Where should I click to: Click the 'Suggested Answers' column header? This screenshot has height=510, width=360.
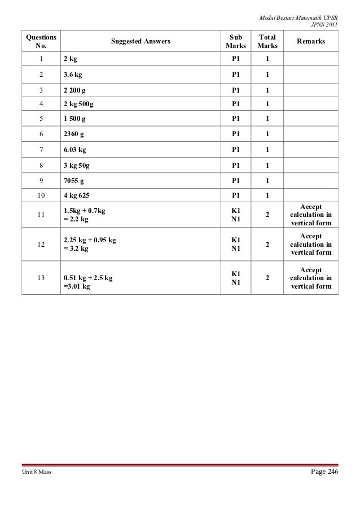coord(141,41)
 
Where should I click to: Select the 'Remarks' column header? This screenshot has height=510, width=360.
coord(310,41)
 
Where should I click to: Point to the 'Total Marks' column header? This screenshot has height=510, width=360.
coord(267,41)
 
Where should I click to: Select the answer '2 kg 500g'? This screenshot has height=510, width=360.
coord(80,104)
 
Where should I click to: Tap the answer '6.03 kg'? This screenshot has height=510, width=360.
coord(75,150)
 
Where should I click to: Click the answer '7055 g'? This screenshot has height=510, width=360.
coord(74,181)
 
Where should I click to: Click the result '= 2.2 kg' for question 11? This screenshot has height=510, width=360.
coord(76,219)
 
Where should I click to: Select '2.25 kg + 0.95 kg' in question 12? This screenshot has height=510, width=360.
coord(90,240)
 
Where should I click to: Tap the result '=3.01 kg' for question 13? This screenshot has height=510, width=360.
coord(77,286)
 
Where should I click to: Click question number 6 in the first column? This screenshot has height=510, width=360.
coord(40,134)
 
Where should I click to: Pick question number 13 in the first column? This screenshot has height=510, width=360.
coord(40,278)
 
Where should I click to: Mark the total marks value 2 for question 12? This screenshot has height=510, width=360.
coord(267,245)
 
